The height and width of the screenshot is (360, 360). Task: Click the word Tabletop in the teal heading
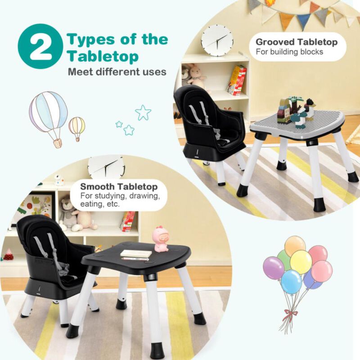coord(103,57)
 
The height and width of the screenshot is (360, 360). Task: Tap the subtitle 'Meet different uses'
coord(117,71)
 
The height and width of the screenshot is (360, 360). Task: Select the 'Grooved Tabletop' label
coord(297,42)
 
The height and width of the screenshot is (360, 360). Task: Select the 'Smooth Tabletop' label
coord(119,186)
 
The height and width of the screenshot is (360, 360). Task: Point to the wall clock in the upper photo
coord(217,40)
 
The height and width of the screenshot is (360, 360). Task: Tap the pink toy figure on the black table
coord(161,239)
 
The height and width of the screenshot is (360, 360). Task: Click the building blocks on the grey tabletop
coord(295,111)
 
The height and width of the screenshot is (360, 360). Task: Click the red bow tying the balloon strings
coord(288,314)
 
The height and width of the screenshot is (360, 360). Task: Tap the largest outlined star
coord(143,112)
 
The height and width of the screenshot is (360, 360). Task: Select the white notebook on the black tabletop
coord(136,254)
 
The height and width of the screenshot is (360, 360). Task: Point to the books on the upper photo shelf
coord(237,81)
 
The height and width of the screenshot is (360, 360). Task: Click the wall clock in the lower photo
coord(107,166)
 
